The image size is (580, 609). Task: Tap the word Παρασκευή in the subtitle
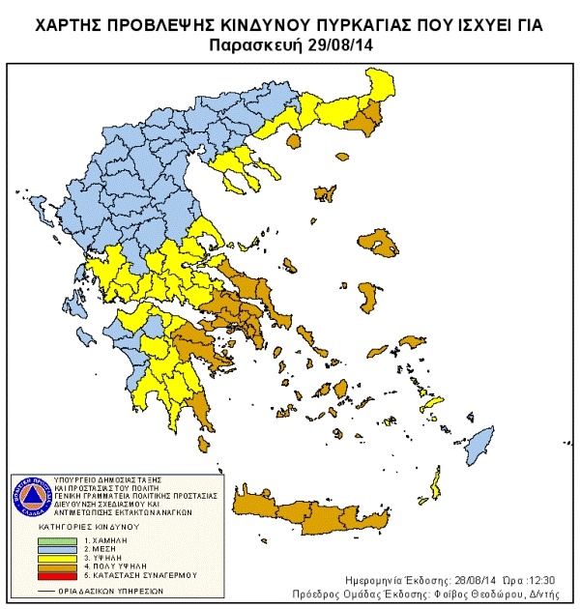pos(260,44)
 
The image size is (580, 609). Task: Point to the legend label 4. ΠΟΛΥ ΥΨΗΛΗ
pos(110,568)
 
